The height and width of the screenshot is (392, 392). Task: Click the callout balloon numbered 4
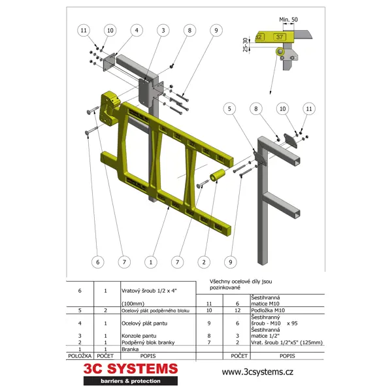click(136, 30)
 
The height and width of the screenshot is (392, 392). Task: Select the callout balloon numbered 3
click(162, 30)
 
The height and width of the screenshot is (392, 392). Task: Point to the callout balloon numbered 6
click(97, 262)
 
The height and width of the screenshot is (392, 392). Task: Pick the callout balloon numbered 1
click(151, 262)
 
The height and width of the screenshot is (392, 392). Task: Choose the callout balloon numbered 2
click(204, 262)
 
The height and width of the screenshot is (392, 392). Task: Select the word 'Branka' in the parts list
click(131, 350)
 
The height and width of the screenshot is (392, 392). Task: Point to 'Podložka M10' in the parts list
click(269, 310)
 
